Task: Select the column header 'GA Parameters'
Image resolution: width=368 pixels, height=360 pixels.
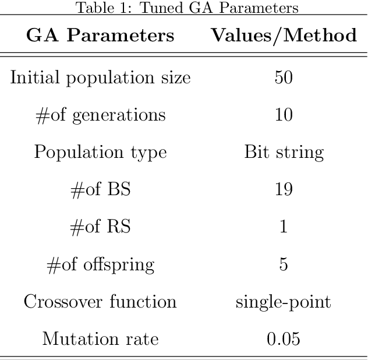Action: [100, 36]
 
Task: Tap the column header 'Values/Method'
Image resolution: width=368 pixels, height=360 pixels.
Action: [284, 36]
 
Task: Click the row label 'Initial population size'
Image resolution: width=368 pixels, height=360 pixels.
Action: [100, 77]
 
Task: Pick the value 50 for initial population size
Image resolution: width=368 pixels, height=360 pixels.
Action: [284, 77]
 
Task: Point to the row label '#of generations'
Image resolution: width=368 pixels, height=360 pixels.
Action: [100, 115]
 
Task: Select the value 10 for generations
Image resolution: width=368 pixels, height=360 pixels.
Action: [284, 115]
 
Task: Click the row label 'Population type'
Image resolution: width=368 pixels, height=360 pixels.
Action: [100, 152]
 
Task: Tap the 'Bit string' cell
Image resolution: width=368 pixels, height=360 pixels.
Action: [284, 152]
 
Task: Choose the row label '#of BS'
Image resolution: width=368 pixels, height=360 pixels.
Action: [100, 189]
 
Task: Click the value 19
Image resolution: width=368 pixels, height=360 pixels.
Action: [284, 189]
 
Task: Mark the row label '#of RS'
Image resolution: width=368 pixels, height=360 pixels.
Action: [100, 227]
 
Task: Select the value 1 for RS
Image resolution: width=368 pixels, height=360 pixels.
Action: [284, 227]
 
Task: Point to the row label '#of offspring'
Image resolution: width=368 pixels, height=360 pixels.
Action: [100, 264]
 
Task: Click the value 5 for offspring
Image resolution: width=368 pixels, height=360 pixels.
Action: [284, 264]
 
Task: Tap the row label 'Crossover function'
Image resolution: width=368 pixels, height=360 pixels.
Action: [100, 302]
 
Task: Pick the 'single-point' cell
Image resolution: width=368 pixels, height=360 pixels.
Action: [284, 302]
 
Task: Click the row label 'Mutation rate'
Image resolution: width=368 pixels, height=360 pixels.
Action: [100, 338]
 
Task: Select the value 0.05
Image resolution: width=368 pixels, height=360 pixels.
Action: [284, 338]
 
